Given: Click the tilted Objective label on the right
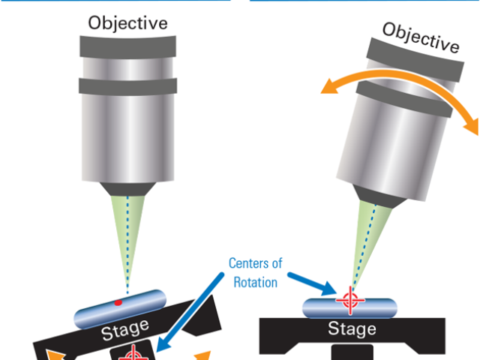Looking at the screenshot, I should [x=420, y=37].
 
